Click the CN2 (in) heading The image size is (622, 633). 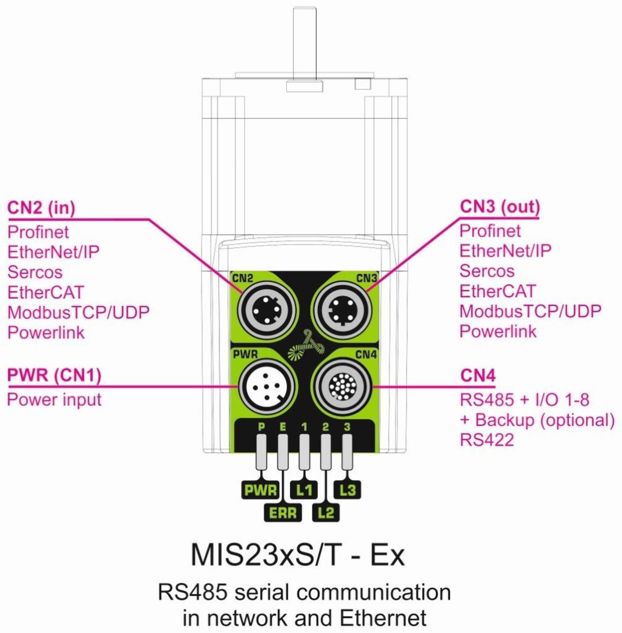pyautogui.click(x=41, y=208)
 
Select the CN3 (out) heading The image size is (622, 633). pyautogui.click(x=500, y=207)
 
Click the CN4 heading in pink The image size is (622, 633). pyautogui.click(x=478, y=375)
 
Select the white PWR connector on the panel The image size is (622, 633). pyautogui.click(x=267, y=386)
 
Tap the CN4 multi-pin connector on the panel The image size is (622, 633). pyautogui.click(x=342, y=386)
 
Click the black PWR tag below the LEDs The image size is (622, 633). pyautogui.click(x=260, y=490)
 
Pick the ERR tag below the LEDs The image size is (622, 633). pyautogui.click(x=283, y=513)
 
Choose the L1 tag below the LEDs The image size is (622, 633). pyautogui.click(x=304, y=490)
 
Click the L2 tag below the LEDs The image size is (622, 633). pyautogui.click(x=326, y=513)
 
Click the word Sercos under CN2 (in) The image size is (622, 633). pyautogui.click(x=35, y=272)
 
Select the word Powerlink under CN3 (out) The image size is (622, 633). pyautogui.click(x=498, y=331)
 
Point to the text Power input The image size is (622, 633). pyautogui.click(x=54, y=400)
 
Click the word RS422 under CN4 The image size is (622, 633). pyautogui.click(x=487, y=440)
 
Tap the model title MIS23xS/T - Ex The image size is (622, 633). pyautogui.click(x=297, y=555)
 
